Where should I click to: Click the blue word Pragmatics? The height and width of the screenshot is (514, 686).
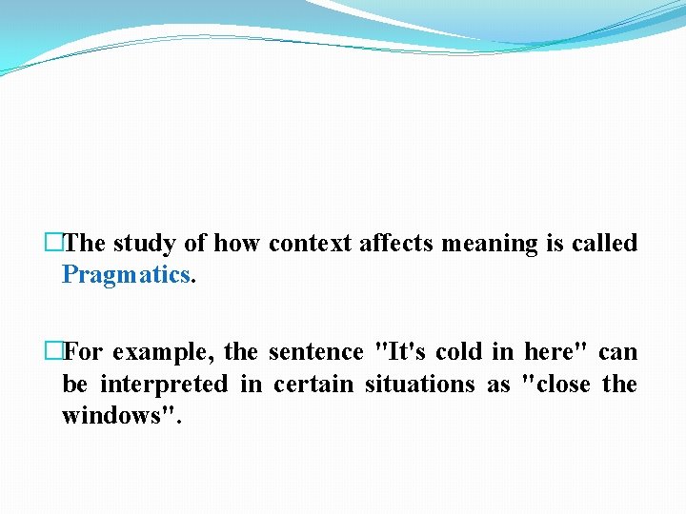127,275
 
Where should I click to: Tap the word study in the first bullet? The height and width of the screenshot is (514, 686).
145,244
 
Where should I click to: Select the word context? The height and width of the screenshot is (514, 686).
310,244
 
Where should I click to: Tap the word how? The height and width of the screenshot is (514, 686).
236,244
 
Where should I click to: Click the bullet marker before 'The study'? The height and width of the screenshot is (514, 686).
53,244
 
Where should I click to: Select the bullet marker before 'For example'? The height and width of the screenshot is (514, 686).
53,352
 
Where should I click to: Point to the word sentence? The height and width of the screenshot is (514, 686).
315,352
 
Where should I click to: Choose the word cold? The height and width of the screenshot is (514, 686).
459,352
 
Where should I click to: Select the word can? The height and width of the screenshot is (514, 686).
617,353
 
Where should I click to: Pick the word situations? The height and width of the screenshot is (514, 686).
418,385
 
